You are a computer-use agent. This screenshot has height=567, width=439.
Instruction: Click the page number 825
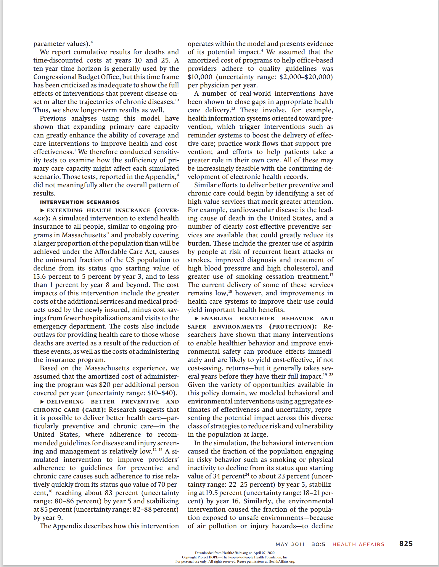[406, 544]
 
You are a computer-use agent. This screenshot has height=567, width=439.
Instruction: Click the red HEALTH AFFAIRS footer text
[358, 544]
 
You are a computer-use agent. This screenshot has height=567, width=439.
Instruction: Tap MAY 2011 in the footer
[290, 544]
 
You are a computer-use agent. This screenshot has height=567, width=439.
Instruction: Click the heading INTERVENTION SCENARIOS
[80, 202]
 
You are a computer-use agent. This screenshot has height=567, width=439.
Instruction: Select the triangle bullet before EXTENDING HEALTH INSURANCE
[42, 210]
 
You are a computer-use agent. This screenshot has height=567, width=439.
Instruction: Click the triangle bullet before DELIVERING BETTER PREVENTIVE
[42, 402]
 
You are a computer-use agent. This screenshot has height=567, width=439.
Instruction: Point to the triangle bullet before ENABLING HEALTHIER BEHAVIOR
[197, 318]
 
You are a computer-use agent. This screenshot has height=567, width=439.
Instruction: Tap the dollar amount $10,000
[200, 77]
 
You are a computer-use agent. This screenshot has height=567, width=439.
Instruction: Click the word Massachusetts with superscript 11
[83, 235]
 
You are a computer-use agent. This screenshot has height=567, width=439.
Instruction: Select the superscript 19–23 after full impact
[328, 375]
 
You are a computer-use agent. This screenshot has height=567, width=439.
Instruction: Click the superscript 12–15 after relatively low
[157, 450]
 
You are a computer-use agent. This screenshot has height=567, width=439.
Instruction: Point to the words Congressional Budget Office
[77, 77]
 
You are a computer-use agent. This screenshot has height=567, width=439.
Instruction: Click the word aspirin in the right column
[322, 244]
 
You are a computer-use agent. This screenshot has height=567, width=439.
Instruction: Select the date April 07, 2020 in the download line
[264, 553]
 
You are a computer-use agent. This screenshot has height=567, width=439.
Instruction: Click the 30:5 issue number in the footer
[318, 544]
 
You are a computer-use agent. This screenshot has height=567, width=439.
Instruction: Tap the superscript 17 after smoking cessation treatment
[331, 275]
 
